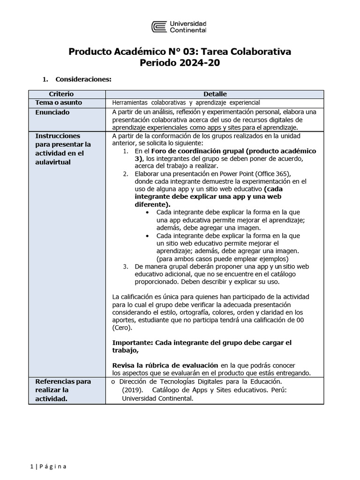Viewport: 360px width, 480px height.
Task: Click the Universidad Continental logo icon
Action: (158, 26)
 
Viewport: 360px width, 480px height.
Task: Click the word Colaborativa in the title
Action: (260, 52)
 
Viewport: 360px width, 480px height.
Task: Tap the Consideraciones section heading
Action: (83, 79)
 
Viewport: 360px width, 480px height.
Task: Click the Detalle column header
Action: (215, 94)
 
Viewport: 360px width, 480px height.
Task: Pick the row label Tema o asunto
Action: (59, 103)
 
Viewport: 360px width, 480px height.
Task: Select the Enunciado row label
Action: (52, 112)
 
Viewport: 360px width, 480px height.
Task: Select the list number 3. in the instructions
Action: (126, 267)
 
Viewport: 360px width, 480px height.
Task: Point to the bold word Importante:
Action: (133, 343)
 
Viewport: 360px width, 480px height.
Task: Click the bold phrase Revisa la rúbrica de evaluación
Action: (165, 365)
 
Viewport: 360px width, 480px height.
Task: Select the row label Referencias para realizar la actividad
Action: (63, 390)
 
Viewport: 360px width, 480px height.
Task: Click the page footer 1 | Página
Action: (48, 466)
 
